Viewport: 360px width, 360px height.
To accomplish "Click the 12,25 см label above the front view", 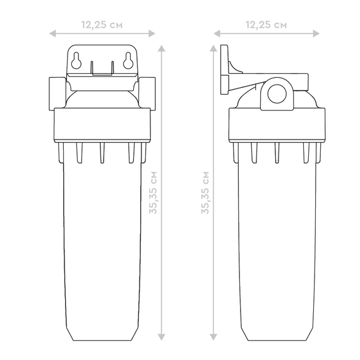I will pyautogui.click(x=102, y=24).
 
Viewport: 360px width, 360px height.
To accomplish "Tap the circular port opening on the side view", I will pyautogui.click(x=276, y=92).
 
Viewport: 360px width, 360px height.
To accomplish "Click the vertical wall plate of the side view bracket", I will pyautogui.click(x=224, y=69).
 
